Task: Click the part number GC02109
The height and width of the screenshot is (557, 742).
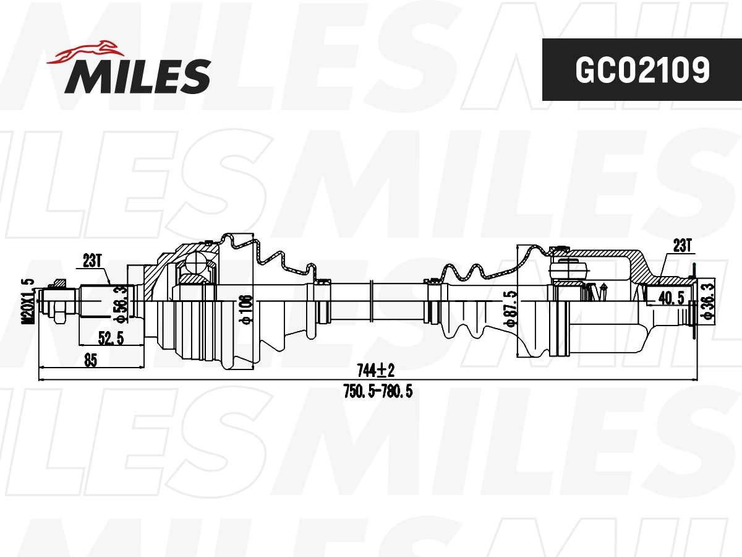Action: click(642, 70)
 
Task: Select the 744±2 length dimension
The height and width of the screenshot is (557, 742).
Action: click(375, 371)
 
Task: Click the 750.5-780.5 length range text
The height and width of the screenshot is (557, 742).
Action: click(377, 391)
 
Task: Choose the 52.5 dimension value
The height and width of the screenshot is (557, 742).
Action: click(111, 338)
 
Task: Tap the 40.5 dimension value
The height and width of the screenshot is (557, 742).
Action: click(671, 298)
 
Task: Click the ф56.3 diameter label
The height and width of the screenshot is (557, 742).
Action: click(122, 303)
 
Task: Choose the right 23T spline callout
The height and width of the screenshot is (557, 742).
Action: click(681, 246)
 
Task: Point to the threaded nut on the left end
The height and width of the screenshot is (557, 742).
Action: click(58, 303)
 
